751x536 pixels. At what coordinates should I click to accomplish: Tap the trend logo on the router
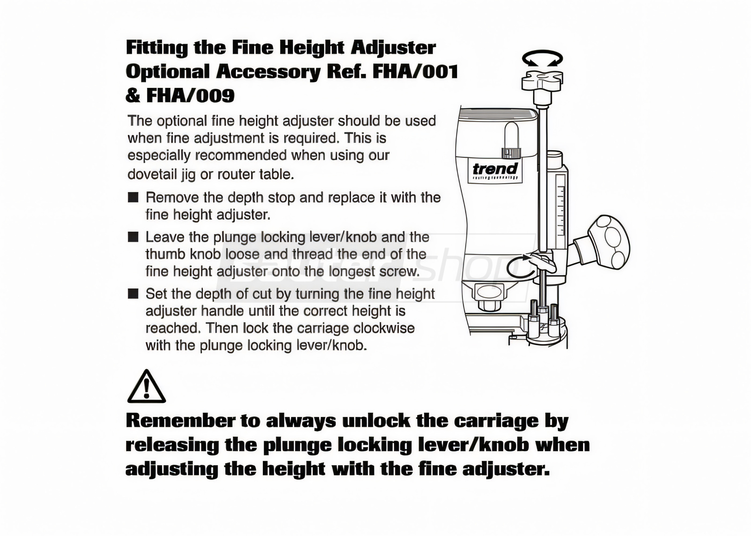coord(495,170)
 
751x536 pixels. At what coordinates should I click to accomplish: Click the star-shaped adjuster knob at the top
coord(542,81)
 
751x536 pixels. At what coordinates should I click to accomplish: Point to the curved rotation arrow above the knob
coord(542,54)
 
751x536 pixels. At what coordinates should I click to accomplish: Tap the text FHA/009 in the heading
coord(190,95)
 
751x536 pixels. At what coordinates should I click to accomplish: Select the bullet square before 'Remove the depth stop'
coord(133,198)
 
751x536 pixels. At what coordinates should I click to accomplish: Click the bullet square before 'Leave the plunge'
coord(133,237)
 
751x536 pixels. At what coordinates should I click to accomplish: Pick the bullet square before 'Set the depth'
coord(133,294)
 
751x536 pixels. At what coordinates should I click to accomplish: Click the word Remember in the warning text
coord(180,421)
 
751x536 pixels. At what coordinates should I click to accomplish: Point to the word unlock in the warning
coord(376,421)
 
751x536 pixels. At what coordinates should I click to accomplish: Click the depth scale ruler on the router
coord(560,211)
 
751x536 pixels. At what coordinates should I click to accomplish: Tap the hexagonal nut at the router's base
coord(488,305)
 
